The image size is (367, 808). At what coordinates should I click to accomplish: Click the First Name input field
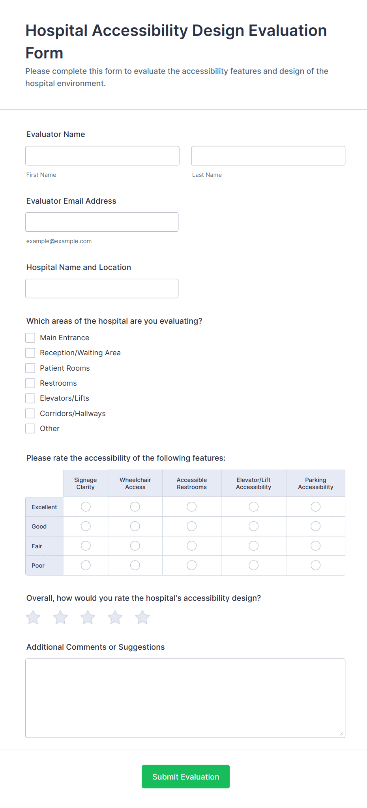[x=102, y=156]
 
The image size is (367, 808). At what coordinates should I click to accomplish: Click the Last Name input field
[x=268, y=156]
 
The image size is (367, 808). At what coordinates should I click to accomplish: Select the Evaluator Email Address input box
[x=102, y=222]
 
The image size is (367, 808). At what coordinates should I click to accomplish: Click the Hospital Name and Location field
[x=102, y=288]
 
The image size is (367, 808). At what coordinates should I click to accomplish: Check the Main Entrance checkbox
[x=30, y=337]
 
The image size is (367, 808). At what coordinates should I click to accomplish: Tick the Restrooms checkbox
[x=30, y=383]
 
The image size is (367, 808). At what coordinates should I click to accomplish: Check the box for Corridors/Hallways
[x=30, y=413]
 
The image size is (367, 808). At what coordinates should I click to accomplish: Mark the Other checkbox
[x=30, y=428]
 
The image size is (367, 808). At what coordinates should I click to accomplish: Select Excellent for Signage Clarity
[x=86, y=506]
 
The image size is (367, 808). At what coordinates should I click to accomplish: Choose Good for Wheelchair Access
[x=135, y=526]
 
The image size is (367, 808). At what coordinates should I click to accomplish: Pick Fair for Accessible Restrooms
[x=192, y=546]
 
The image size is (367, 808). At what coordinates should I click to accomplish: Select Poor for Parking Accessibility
[x=316, y=565]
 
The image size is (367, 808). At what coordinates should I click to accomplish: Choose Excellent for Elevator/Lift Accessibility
[x=254, y=506]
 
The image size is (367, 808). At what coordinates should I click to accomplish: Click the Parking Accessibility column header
[x=316, y=483]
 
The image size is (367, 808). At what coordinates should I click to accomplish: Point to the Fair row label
[x=37, y=546]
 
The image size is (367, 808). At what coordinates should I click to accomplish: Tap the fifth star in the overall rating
[x=142, y=617]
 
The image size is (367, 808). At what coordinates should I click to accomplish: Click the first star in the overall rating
[x=33, y=617]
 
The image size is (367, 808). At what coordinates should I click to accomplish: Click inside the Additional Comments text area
[x=185, y=698]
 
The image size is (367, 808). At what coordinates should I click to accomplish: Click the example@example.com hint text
[x=59, y=241]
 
